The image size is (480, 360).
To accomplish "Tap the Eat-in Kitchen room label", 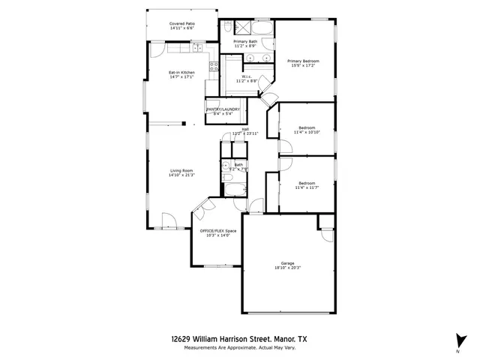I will click(182, 73).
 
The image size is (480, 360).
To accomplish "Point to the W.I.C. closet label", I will click(247, 76).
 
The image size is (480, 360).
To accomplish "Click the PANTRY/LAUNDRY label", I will click(223, 109).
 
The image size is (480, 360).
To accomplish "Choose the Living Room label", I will click(181, 171).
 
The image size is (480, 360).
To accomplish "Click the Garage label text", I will click(287, 263).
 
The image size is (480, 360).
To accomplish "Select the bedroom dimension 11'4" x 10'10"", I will click(307, 132).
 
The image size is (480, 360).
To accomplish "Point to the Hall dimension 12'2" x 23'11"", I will click(244, 133).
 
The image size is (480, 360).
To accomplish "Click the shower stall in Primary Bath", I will click(242, 28).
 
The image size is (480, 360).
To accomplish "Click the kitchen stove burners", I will click(213, 67).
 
